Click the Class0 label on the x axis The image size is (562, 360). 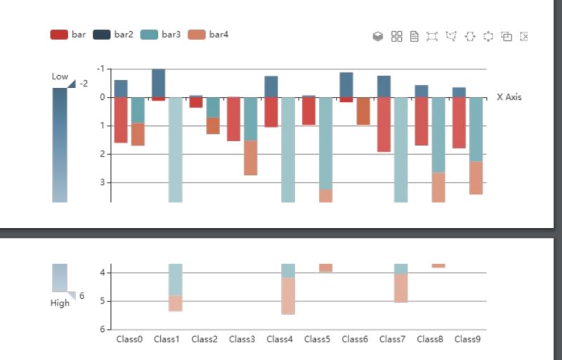pos(129,340)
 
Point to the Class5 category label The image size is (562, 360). pos(317,340)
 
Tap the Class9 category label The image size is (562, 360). pos(467,340)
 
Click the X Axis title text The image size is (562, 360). pos(509,97)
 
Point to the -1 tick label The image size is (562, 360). pos(100,69)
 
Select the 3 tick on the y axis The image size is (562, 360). pos(101,182)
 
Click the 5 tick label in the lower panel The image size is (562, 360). pos(101,301)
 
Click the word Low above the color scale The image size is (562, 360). pos(60,77)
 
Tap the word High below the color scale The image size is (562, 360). pos(60,303)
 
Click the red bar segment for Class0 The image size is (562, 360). pos(121,120)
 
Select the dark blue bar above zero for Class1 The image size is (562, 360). pos(159,83)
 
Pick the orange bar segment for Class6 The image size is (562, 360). pos(363,111)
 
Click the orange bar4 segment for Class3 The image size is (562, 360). pos(250,157)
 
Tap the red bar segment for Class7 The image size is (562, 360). pos(384,124)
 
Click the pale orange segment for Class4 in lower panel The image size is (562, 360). pos(288,295)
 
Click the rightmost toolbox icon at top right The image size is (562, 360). pos(524,37)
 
